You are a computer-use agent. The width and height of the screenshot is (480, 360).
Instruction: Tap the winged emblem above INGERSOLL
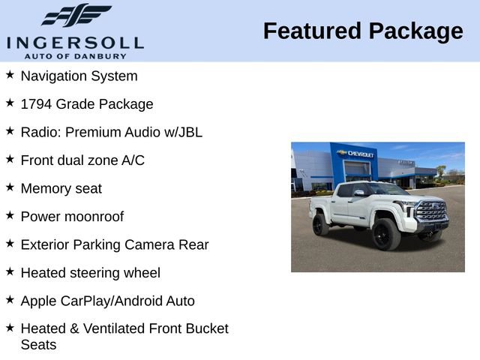(76, 15)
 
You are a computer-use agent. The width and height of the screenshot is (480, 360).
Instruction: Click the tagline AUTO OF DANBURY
(75, 55)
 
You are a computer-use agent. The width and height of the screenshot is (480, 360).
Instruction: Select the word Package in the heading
(415, 31)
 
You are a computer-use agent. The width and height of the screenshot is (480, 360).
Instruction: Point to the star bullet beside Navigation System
(10, 75)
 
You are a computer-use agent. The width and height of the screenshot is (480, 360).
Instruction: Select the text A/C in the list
(133, 160)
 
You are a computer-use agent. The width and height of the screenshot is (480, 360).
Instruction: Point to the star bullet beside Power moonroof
(10, 215)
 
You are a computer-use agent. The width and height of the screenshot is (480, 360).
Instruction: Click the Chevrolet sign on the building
(356, 153)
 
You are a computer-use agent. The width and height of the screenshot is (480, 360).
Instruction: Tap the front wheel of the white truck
(386, 235)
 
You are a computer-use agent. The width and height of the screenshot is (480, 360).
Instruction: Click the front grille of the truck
(432, 211)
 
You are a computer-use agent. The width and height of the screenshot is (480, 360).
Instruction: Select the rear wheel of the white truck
(321, 224)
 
